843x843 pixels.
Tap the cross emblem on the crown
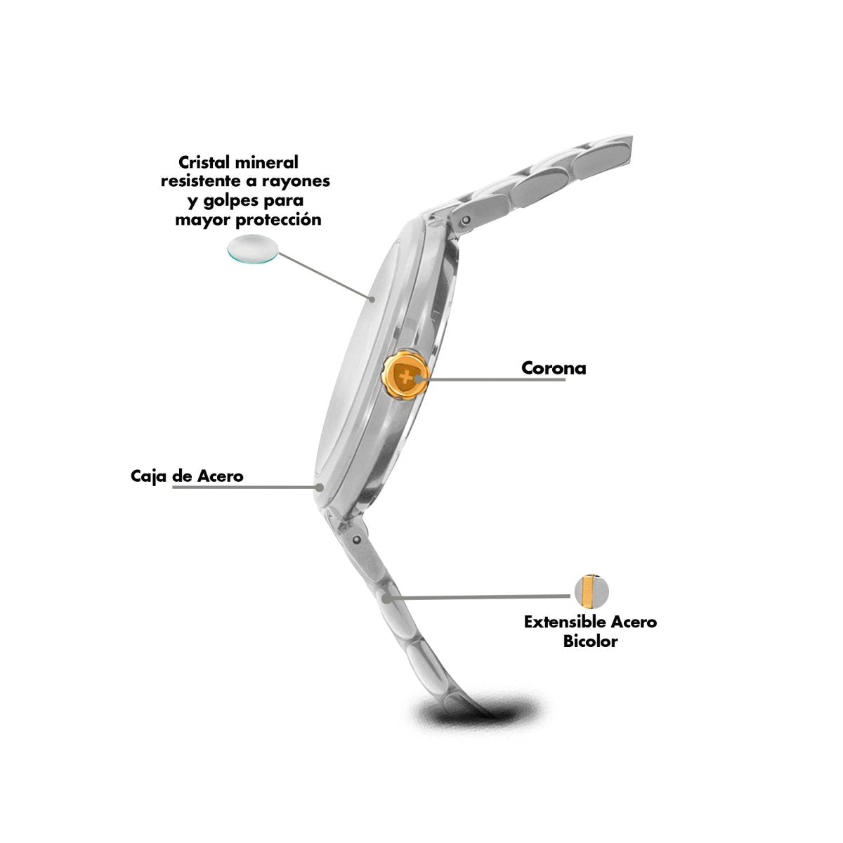coord(407,377)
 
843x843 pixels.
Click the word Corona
coord(554,368)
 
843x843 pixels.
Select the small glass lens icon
coord(253,249)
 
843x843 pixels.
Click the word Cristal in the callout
coord(204,162)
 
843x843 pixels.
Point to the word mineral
coord(266,162)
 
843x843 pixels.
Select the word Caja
coord(149,476)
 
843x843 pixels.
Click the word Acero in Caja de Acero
coord(220,476)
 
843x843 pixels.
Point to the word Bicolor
coord(590,641)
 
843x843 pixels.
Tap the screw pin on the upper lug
coord(466,220)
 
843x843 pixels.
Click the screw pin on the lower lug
coord(358,539)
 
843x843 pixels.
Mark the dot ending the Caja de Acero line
coord(320,486)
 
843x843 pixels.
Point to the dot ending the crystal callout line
coord(372,299)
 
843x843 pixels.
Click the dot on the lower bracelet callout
coord(386,598)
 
